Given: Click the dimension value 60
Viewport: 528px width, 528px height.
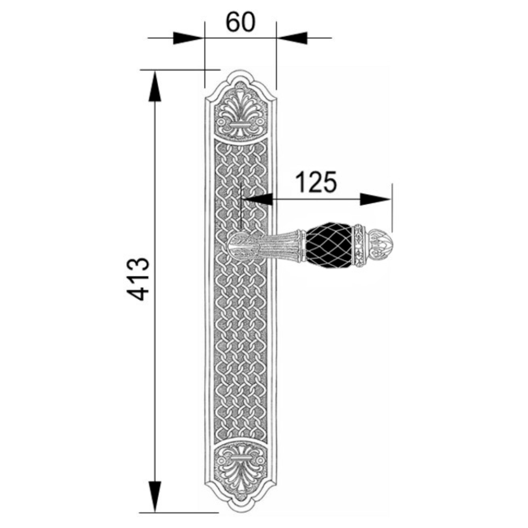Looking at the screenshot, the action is click(240, 22).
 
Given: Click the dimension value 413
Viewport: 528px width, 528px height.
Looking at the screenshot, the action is click(138, 279).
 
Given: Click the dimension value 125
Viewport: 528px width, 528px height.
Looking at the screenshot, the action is click(317, 182).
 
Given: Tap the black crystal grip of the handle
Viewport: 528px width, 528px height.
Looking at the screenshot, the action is click(329, 245).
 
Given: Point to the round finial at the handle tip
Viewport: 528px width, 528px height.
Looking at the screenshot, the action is click(381, 245).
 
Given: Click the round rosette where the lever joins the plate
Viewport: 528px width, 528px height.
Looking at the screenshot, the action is click(238, 245).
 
